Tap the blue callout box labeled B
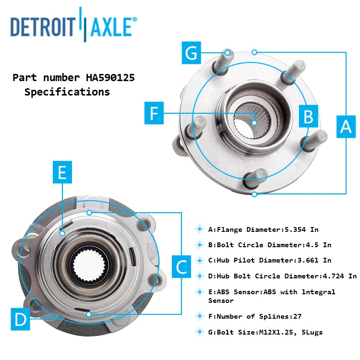click(x=308, y=116)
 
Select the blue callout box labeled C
click(x=182, y=266)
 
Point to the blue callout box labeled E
click(x=62, y=172)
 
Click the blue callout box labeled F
click(x=154, y=113)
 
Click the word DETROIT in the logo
click(x=42, y=27)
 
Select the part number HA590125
click(x=110, y=77)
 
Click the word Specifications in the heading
click(x=67, y=92)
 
